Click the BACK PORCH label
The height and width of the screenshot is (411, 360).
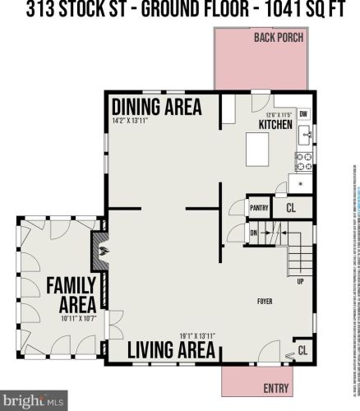[x=279, y=37]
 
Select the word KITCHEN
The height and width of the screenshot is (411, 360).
[x=275, y=124]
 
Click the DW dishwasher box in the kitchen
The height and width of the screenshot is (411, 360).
[x=303, y=114]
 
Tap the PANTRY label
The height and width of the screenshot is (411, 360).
[x=259, y=209]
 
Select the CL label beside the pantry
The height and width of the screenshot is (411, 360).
[x=290, y=209]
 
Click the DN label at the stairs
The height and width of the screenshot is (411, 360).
[x=254, y=233]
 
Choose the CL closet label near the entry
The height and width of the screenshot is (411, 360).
[x=302, y=350]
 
